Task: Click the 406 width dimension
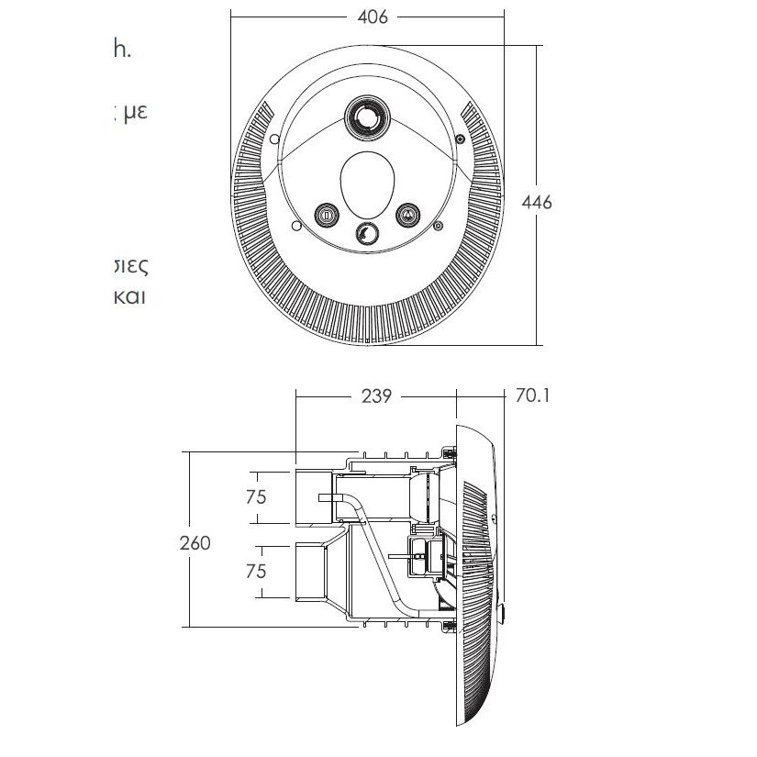pos(375,17)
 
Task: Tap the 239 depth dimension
pos(377,396)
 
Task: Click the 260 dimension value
pos(194,542)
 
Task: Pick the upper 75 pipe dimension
pos(256,496)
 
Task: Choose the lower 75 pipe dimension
pos(256,570)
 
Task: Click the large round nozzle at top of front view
pos(367,117)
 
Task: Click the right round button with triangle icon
pos(406,215)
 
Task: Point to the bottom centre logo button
pos(367,234)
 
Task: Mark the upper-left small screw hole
pos(275,139)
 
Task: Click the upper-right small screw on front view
pos(460,139)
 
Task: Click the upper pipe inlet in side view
pos(312,496)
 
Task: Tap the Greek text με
pos(134,114)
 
